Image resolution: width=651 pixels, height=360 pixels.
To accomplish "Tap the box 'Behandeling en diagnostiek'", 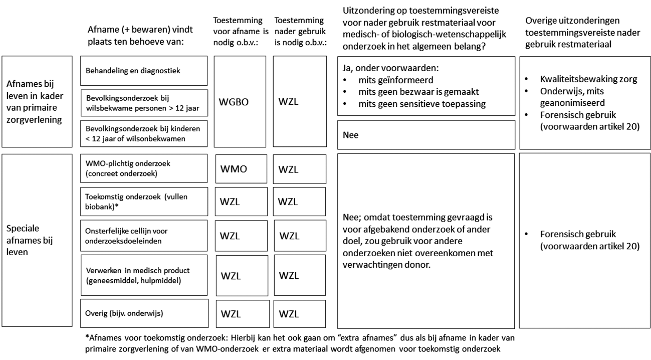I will click(144, 71).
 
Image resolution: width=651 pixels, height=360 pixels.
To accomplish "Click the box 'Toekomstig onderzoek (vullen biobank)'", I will click(144, 201).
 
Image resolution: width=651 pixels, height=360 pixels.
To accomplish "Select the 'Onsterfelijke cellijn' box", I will click(144, 235).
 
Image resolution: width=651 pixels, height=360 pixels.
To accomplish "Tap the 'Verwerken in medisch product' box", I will click(144, 275).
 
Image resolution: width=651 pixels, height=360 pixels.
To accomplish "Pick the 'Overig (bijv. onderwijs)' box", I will click(144, 314).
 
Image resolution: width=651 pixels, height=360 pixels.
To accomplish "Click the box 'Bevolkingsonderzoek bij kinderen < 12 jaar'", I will click(144, 134).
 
